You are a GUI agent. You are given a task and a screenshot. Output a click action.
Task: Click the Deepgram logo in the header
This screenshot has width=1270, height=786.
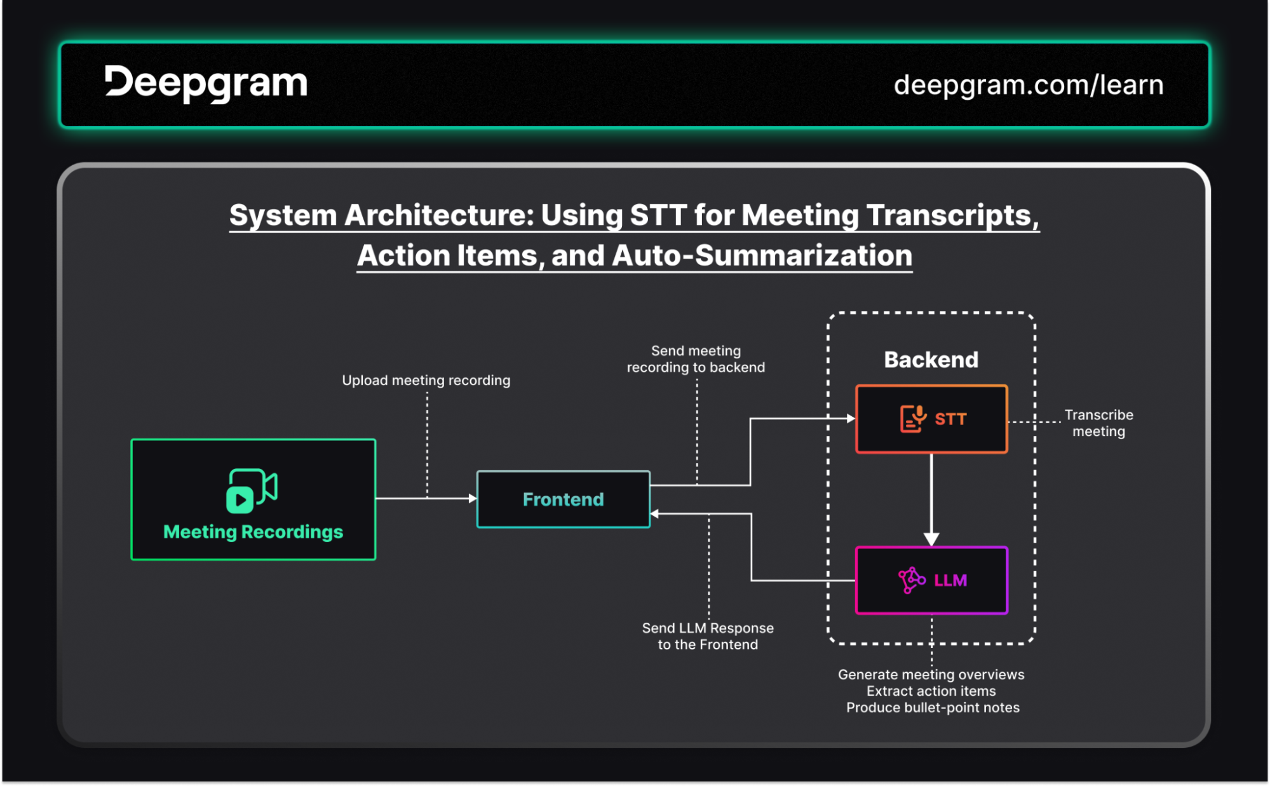click(206, 83)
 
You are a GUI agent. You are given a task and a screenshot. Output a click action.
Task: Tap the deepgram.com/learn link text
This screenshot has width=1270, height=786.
click(1029, 85)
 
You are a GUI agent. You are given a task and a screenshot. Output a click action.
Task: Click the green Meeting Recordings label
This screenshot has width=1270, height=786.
click(253, 532)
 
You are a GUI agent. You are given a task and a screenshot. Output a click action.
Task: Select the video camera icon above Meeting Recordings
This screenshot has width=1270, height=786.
click(252, 491)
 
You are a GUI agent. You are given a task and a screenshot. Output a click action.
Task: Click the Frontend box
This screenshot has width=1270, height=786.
click(564, 499)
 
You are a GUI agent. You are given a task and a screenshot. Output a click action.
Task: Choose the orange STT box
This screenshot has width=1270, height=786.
click(931, 419)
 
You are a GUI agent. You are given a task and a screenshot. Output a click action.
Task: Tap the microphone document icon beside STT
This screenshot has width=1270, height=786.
click(913, 419)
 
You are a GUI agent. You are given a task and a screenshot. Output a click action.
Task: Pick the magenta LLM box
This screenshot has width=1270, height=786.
click(931, 580)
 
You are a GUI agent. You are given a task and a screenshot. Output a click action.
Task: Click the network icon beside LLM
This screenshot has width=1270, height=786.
click(912, 580)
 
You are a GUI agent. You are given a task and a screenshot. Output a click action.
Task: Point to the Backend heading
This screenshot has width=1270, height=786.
click(931, 360)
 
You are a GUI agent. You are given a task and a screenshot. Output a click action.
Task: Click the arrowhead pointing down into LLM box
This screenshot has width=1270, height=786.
click(931, 539)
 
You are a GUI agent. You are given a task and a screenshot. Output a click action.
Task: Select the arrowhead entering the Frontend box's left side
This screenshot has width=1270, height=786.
click(473, 499)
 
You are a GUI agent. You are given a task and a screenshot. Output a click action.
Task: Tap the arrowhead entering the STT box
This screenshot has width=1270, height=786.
click(851, 418)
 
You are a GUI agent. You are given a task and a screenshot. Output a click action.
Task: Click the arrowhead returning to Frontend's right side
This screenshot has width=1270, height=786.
click(655, 513)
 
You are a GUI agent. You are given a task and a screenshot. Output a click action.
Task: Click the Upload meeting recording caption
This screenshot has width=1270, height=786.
click(426, 380)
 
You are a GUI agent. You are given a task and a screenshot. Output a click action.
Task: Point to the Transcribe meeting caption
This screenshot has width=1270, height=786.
click(1099, 423)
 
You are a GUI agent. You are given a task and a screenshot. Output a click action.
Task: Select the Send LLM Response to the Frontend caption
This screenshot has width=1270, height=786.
click(708, 636)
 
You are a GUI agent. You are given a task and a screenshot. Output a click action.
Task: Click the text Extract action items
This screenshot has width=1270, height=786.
click(931, 691)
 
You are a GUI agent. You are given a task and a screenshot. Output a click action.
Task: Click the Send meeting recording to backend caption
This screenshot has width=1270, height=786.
click(696, 359)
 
